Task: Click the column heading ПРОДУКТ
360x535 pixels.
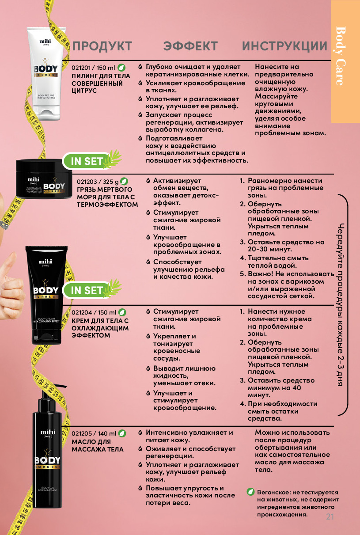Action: pyautogui.click(x=102, y=46)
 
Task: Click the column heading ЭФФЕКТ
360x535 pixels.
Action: pyautogui.click(x=190, y=46)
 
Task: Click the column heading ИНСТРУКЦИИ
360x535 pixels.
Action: pyautogui.click(x=284, y=46)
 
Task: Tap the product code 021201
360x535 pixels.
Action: pyautogui.click(x=81, y=68)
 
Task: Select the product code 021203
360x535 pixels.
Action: pyautogui.click(x=87, y=182)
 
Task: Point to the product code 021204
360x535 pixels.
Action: pyautogui.click(x=82, y=312)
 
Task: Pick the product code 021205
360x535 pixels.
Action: pyautogui.click(x=81, y=433)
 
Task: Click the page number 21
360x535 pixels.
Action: pyautogui.click(x=330, y=517)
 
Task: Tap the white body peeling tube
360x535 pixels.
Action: pyautogui.click(x=46, y=74)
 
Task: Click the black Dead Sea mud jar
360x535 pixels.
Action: pyautogui.click(x=44, y=178)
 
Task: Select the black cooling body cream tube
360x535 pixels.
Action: pyautogui.click(x=46, y=295)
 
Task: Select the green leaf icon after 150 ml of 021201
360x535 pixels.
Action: pyautogui.click(x=121, y=68)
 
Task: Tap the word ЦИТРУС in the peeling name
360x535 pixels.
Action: pyautogui.click(x=84, y=91)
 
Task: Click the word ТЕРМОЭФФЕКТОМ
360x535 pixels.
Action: pyautogui.click(x=107, y=205)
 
